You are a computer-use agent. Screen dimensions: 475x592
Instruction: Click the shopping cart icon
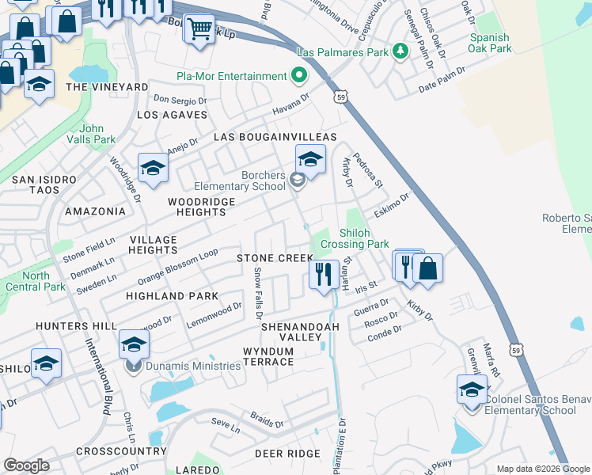(199, 29)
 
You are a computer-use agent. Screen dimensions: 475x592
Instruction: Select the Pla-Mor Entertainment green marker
(298, 76)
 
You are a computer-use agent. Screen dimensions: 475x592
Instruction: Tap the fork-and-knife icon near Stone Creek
(324, 274)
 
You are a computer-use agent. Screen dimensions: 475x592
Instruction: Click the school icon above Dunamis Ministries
(134, 344)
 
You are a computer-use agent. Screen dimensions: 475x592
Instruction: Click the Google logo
(26, 465)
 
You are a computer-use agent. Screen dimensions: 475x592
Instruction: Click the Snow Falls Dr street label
(258, 289)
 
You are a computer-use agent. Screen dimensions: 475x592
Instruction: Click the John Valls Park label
(97, 134)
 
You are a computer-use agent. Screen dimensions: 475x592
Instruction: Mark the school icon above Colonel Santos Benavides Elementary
(472, 389)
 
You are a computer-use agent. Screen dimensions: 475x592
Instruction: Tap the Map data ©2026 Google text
(543, 469)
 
